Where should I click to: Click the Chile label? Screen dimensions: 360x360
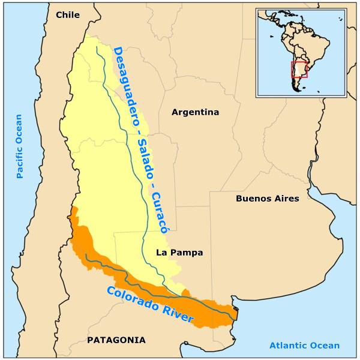(67, 15)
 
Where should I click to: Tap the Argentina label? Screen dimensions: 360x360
(195, 112)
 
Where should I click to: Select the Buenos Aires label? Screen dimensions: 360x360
(267, 199)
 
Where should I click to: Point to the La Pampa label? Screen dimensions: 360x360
(179, 253)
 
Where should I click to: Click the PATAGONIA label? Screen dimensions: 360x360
(116, 340)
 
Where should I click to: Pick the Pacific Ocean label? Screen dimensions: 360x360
(19, 146)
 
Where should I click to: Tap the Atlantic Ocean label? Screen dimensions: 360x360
(304, 346)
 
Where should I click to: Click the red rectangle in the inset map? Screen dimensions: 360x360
(299, 69)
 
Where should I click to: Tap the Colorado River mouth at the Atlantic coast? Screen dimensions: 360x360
(236, 313)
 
